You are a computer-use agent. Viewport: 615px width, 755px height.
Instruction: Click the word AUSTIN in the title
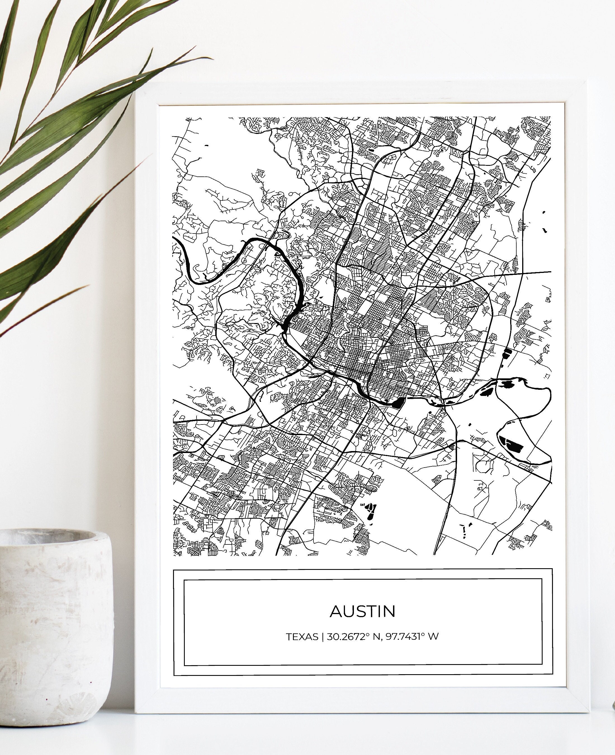click(x=362, y=611)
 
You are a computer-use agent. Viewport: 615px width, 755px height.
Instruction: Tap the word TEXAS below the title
click(x=302, y=637)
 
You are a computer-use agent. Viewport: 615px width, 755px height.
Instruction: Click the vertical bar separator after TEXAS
click(x=322, y=637)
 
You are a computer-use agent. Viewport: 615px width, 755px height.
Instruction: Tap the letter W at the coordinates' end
click(x=433, y=637)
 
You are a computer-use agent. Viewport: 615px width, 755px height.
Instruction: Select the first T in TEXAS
click(x=289, y=637)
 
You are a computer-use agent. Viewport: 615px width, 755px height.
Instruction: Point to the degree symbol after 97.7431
click(x=423, y=634)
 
